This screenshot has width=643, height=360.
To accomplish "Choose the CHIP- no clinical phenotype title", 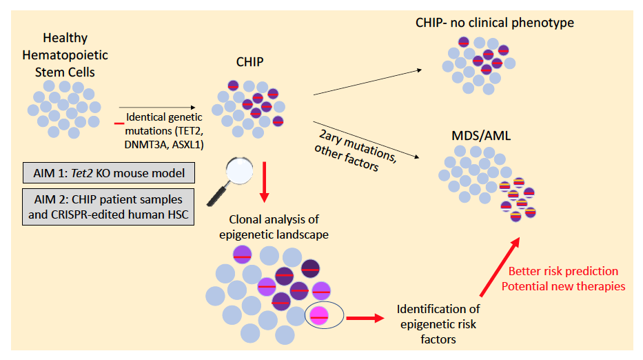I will (x=494, y=23).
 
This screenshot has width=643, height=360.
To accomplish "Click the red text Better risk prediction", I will (x=562, y=271).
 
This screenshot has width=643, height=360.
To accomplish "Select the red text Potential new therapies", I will (x=562, y=286).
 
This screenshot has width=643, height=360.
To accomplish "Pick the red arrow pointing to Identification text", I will (x=365, y=318).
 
